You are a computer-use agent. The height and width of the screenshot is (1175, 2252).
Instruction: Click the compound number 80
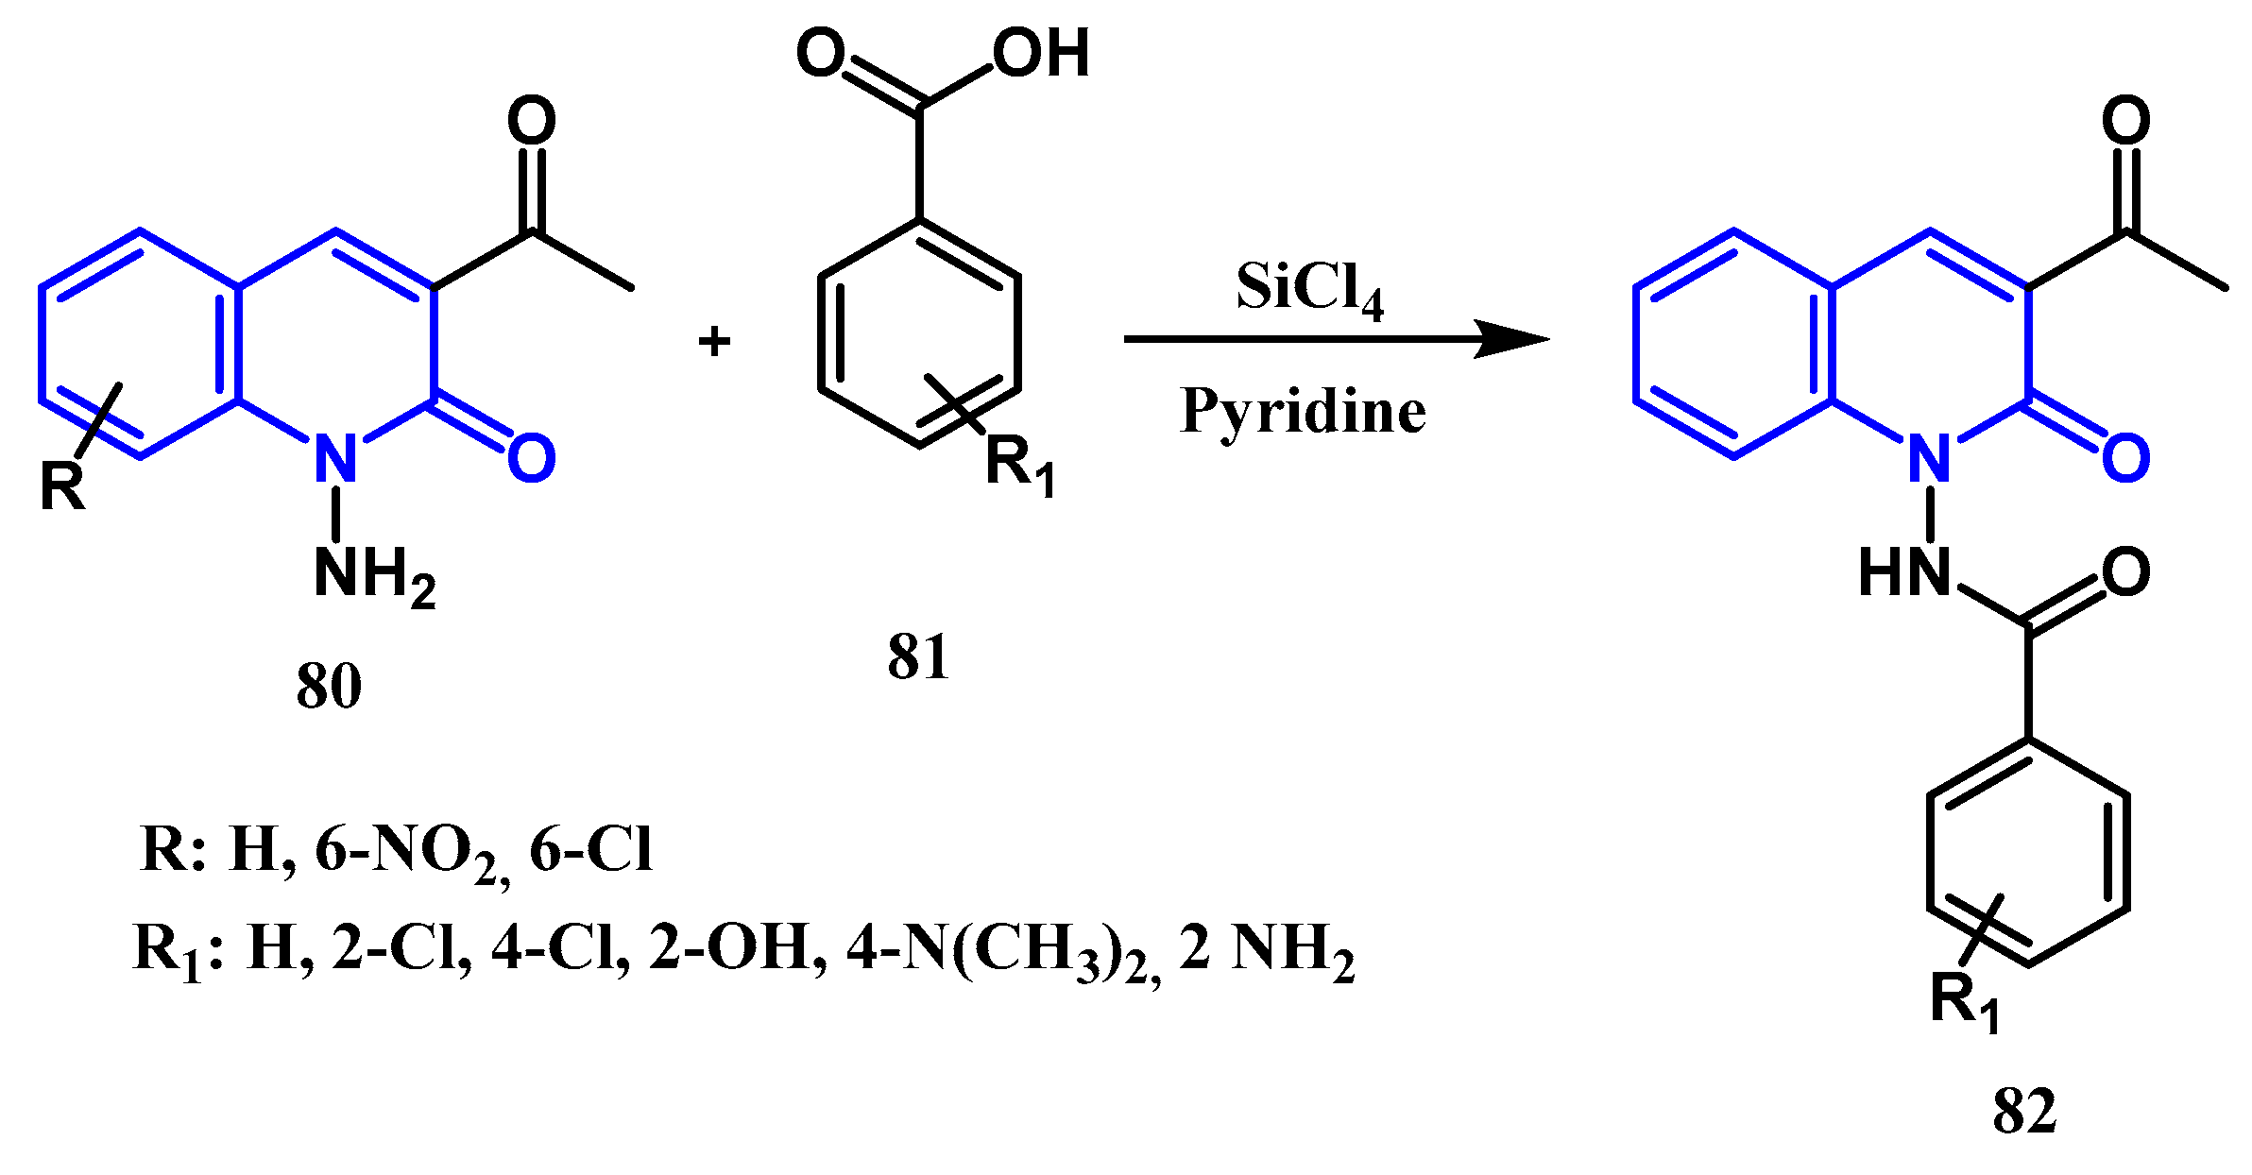pos(329,686)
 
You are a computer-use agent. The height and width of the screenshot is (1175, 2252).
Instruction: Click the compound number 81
pos(917,657)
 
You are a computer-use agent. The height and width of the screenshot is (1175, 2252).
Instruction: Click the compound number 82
pos(2024,1111)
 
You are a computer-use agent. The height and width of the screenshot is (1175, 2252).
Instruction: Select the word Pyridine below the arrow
pos(1303,412)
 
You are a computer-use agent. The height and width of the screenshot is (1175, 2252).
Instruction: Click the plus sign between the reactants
pos(714,341)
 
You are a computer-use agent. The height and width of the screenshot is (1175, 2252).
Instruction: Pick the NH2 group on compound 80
pos(373,573)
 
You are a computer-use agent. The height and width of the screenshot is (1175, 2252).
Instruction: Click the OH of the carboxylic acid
pos(1041,53)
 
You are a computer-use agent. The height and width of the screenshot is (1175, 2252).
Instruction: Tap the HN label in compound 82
pos(1903,572)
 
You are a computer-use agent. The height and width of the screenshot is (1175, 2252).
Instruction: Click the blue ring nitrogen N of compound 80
pos(335,458)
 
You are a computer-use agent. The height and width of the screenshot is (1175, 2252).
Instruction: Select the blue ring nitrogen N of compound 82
pos(1929,458)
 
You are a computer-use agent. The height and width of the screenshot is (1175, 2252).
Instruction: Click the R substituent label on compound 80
pos(62,487)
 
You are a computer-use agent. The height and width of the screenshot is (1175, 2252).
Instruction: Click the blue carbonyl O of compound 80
pos(531,459)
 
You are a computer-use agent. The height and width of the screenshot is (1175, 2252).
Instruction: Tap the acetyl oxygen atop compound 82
pos(2125,121)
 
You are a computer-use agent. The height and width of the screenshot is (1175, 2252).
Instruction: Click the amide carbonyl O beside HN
pos(2125,572)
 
